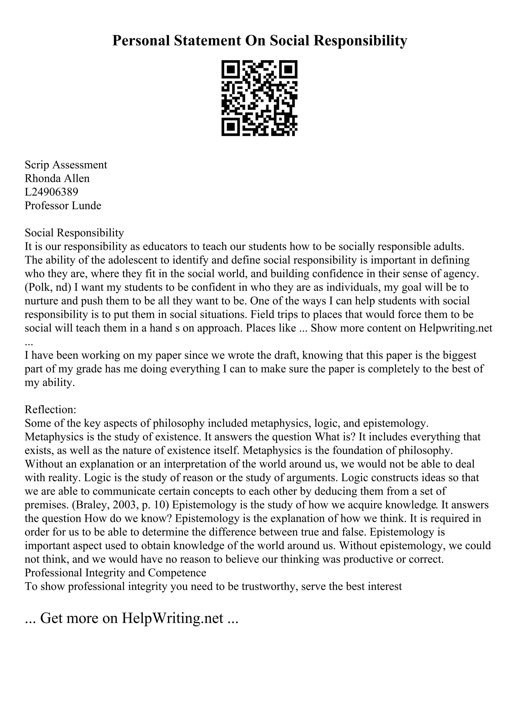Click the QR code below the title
259,98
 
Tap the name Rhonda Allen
57,178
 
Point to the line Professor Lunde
63,205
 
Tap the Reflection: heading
50,410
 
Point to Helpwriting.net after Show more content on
456,328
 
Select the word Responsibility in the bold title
360,41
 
